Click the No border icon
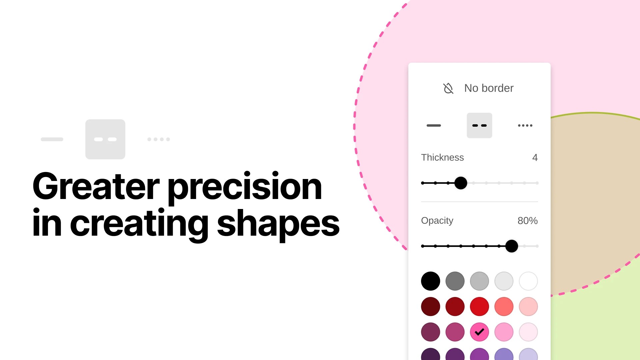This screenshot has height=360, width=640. coord(448,88)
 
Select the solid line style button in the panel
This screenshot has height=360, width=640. coord(434,126)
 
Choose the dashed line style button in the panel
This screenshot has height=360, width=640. coord(479,126)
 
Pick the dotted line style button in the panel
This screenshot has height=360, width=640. coord(525,126)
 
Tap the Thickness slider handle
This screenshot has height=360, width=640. coord(461,183)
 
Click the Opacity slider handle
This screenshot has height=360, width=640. coord(512,246)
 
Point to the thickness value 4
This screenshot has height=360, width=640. coord(535,158)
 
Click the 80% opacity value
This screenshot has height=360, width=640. coord(527,221)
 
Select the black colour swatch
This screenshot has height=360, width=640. coord(430,281)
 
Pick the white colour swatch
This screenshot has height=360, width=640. coord(528,281)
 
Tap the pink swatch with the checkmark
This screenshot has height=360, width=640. coord(479,332)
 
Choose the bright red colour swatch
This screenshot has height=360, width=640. coord(479,307)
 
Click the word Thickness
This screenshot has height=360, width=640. coord(442,158)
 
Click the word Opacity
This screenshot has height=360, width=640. coord(437,221)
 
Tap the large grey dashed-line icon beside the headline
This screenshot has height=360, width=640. coord(105,139)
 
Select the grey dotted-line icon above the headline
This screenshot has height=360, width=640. coord(159,139)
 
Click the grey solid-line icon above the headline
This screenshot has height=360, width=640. coord(52,139)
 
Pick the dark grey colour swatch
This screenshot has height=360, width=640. coord(455,281)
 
